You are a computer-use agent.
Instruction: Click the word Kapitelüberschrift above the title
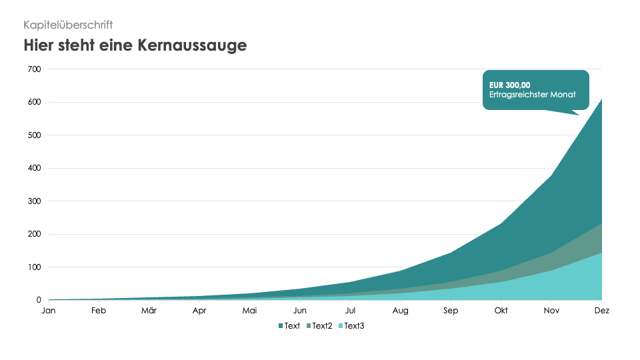pyautogui.click(x=68, y=25)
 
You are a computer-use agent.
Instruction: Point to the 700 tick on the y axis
pyautogui.click(x=34, y=69)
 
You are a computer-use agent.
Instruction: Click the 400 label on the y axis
pyautogui.click(x=34, y=168)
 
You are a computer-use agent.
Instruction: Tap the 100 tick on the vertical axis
pyautogui.click(x=34, y=267)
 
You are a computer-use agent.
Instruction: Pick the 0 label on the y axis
pyautogui.click(x=38, y=300)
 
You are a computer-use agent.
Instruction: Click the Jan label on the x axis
pyautogui.click(x=48, y=311)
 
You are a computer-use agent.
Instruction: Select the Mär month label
pyautogui.click(x=149, y=311)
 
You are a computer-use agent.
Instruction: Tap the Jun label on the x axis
pyautogui.click(x=300, y=311)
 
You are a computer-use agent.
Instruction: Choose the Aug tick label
pyautogui.click(x=401, y=311)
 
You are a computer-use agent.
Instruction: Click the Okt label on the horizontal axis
pyautogui.click(x=501, y=311)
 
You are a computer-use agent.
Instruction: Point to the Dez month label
pyautogui.click(x=601, y=311)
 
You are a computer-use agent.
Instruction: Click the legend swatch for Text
pyautogui.click(x=281, y=326)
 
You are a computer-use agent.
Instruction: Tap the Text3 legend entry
pyautogui.click(x=354, y=326)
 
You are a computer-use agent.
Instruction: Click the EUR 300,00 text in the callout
pyautogui.click(x=509, y=85)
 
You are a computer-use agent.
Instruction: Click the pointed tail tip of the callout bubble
pyautogui.click(x=579, y=115)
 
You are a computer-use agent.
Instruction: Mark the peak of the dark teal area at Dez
pyautogui.click(x=601, y=99)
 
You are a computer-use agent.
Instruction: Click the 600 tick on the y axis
pyautogui.click(x=34, y=102)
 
